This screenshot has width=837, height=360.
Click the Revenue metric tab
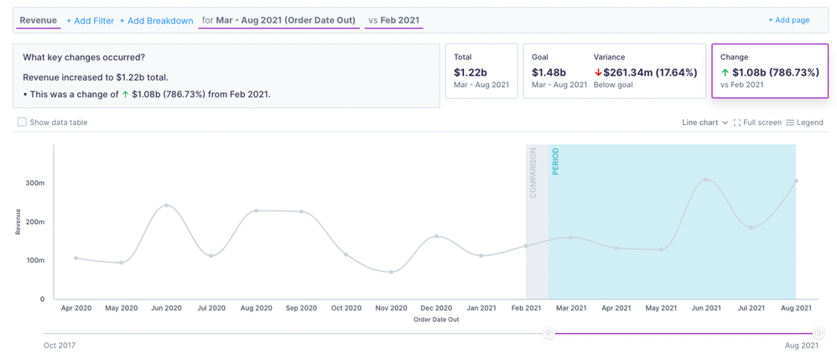click(39, 20)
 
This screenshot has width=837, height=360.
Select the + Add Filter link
click(90, 21)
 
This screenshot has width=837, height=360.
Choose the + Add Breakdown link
click(156, 21)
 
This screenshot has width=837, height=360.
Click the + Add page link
click(788, 20)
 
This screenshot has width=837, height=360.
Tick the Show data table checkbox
click(23, 123)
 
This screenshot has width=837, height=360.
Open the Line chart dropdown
click(704, 123)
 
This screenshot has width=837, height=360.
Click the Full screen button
click(757, 123)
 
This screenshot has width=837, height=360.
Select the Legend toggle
click(804, 123)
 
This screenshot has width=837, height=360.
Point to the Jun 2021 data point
click(706, 180)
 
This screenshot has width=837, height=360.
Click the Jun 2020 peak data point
click(167, 206)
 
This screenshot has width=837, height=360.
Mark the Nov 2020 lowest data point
click(392, 272)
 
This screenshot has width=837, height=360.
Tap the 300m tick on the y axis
click(34, 182)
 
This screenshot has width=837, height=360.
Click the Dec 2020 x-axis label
click(436, 309)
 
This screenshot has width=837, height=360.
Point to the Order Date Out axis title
click(436, 320)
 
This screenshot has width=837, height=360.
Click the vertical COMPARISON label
click(533, 173)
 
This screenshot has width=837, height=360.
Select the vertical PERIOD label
click(555, 161)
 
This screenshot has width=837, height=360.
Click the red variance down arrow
click(598, 73)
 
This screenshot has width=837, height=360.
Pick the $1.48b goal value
click(548, 72)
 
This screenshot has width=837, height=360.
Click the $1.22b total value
click(470, 72)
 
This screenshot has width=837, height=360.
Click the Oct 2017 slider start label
click(60, 345)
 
